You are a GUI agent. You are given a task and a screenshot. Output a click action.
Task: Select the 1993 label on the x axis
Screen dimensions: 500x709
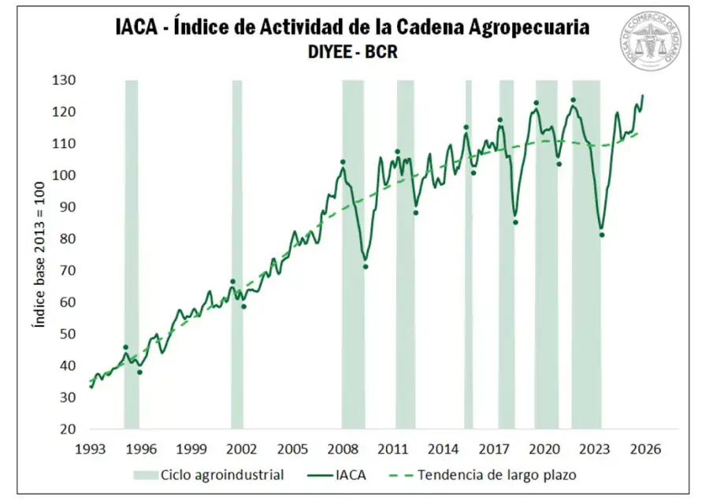[91, 449]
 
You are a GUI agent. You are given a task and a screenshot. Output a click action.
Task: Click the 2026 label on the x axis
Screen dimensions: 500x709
[645, 449]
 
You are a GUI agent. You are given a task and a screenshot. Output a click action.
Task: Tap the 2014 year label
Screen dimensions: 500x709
[444, 449]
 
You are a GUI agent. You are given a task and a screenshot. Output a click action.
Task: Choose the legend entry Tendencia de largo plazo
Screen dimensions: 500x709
[497, 475]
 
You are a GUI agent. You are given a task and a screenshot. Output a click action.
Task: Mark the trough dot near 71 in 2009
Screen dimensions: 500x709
[366, 266]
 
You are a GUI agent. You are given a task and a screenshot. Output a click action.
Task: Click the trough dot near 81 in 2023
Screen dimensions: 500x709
[602, 235]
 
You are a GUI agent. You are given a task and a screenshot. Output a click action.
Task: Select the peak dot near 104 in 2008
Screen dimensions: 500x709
[343, 161]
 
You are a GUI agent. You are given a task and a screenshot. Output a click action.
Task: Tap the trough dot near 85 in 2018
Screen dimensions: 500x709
[515, 222]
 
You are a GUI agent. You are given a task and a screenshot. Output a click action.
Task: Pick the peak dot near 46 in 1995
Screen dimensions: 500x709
[125, 347]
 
